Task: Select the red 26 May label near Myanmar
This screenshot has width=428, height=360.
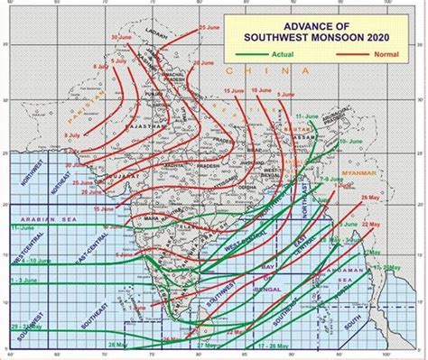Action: (370, 197)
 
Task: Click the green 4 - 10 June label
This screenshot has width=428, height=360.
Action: (27, 261)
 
